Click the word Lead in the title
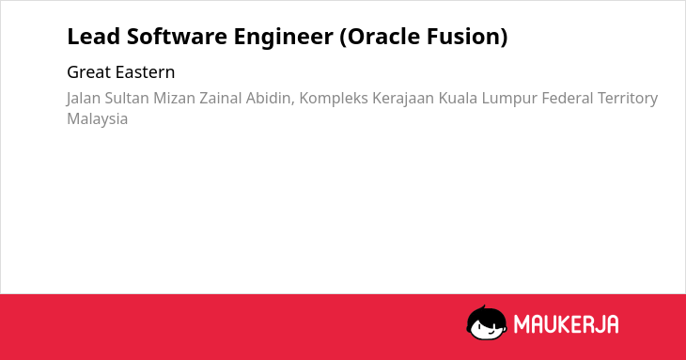click(x=94, y=37)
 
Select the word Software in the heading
click(x=177, y=37)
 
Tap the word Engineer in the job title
click(x=284, y=38)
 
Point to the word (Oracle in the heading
click(x=380, y=37)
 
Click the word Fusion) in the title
click(x=467, y=37)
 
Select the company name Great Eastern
click(x=120, y=72)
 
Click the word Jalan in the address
click(x=84, y=98)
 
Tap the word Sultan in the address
click(x=127, y=98)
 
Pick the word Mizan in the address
click(x=174, y=98)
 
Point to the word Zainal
click(x=221, y=98)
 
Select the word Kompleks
click(x=334, y=99)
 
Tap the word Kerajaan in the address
click(x=403, y=99)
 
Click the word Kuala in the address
click(x=458, y=98)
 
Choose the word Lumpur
click(x=509, y=99)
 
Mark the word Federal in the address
click(x=568, y=98)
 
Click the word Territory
click(x=628, y=99)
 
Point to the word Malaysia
click(x=98, y=119)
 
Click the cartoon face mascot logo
click(x=487, y=322)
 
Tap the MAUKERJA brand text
click(x=566, y=324)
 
